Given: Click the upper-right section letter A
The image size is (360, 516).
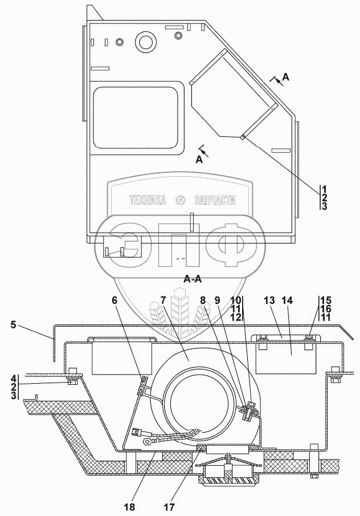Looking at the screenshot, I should point(285,78).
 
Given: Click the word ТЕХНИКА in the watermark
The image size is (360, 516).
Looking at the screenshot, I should point(147,201).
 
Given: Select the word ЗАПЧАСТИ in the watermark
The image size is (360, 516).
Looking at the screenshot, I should point(215,201).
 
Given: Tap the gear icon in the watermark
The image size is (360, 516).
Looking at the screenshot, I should point(181,200).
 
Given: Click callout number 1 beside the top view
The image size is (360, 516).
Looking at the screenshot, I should point(324,189).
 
